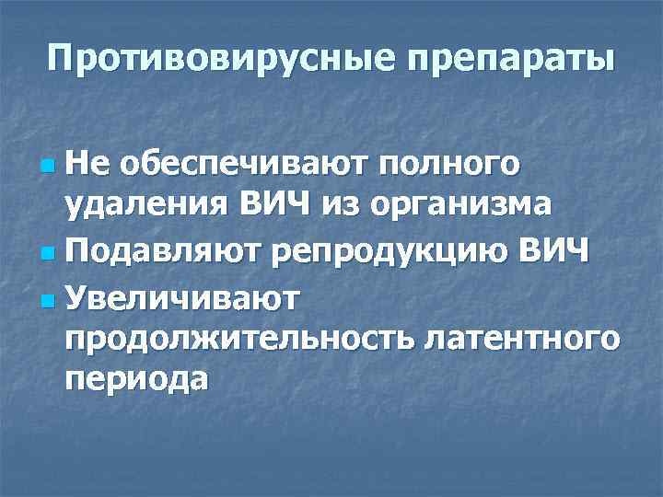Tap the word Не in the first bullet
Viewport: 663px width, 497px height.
87,167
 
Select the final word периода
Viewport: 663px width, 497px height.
135,379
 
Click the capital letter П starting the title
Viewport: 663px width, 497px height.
62,60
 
